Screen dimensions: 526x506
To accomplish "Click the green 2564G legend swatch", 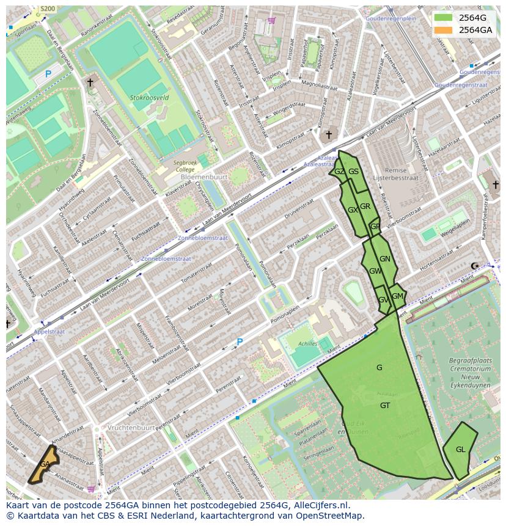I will tap(443, 18).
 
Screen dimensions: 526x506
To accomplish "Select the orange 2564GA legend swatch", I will tap(443, 29).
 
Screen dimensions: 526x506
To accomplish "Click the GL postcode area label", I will tap(460, 450).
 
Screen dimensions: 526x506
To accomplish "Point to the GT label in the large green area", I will tap(385, 406).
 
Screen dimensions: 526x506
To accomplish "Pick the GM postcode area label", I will tap(397, 296).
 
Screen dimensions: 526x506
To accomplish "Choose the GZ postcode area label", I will tap(339, 172).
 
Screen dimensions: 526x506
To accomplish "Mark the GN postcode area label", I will tap(384, 259).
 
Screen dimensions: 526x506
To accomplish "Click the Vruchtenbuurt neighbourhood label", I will tap(131, 428).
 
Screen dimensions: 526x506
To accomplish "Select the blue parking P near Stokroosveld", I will tap(48, 75).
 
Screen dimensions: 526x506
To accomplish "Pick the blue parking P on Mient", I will tap(240, 342).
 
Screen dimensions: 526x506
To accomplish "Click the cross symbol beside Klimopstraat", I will tap(328, 134).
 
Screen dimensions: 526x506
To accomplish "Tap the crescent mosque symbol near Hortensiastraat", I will tap(475, 266).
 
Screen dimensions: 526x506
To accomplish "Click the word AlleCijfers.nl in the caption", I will tap(320, 505).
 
